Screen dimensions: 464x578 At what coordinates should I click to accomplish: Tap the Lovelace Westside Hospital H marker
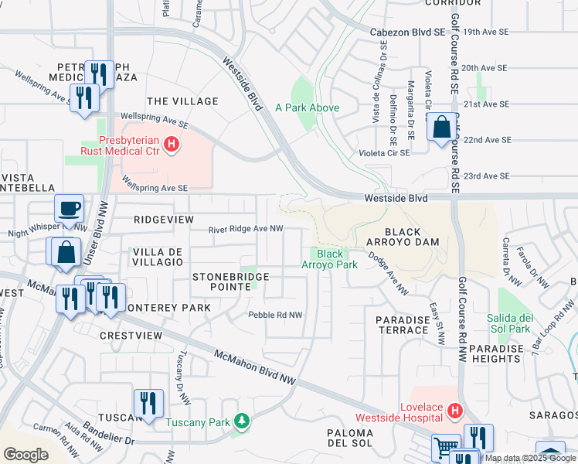tap(454, 410)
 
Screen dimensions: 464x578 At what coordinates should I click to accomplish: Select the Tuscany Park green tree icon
tap(243, 421)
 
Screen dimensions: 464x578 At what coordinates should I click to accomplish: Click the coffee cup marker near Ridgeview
tap(69, 209)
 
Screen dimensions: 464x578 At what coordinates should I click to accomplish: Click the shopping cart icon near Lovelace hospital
tap(446, 448)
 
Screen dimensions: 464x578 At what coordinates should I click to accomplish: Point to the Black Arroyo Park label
tap(336, 259)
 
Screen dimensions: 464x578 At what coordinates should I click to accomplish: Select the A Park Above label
tap(307, 107)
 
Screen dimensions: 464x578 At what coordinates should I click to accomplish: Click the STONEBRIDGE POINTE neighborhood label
tap(230, 282)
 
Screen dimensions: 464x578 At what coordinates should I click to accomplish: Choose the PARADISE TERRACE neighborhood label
tap(402, 325)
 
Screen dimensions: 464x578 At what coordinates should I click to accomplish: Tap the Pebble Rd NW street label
tap(274, 315)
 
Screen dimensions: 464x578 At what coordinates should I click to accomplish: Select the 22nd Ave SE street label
tap(487, 140)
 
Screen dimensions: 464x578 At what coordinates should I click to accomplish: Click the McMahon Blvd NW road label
tap(255, 367)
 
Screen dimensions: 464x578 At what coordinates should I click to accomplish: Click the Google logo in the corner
tap(25, 455)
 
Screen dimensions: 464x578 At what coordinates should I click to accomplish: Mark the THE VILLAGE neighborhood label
tap(182, 101)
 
